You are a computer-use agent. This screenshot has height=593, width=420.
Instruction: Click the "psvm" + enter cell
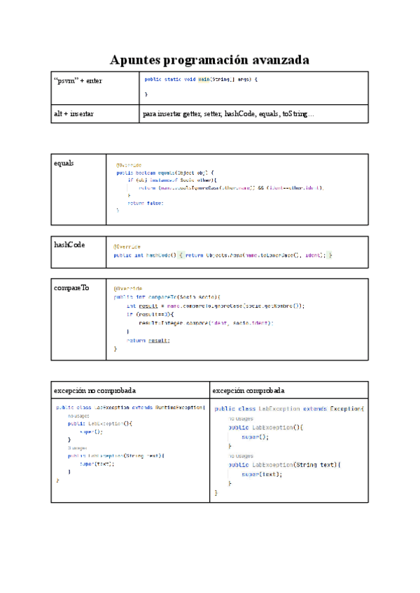pyautogui.click(x=78, y=81)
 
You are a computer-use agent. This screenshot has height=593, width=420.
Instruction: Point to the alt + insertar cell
pyautogui.click(x=75, y=113)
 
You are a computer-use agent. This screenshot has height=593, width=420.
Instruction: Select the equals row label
pyautogui.click(x=64, y=163)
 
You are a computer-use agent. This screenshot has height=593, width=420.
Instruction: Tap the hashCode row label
pyautogui.click(x=70, y=244)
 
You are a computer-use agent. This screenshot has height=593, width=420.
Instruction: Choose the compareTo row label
pyautogui.click(x=71, y=287)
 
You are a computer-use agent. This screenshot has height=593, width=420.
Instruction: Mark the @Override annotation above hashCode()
pyautogui.click(x=127, y=247)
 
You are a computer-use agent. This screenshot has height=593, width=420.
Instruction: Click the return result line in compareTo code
pyautogui.click(x=148, y=340)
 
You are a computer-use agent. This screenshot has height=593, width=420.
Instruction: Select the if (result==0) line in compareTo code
pyautogui.click(x=148, y=314)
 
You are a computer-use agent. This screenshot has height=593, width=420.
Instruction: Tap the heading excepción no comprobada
pyautogui.click(x=95, y=390)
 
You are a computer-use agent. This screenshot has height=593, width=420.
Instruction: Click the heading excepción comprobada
pyautogui.click(x=248, y=390)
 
